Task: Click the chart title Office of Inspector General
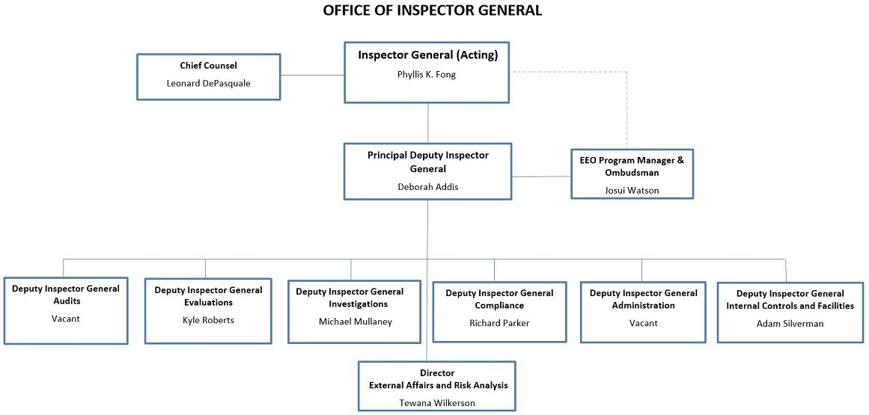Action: pos(432,10)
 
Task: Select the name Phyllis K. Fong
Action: pos(427,75)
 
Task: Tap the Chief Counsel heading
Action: pos(208,66)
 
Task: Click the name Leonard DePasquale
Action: pos(208,83)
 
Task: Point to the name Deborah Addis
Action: pos(427,186)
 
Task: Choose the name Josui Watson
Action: pos(632,190)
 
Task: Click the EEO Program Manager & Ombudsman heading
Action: pos(632,165)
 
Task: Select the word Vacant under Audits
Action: pos(65,319)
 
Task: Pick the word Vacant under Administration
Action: pos(643,322)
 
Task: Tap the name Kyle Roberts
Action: pos(208,320)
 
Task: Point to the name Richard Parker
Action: pos(499,323)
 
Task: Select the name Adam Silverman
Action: pos(790,323)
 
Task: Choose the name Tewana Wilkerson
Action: pos(436,402)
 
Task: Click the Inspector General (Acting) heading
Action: pos(427,55)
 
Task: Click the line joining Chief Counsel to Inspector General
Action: pos(312,75)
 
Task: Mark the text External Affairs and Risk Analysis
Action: pos(438,385)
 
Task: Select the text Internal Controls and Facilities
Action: pos(790,306)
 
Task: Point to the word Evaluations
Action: pos(208,303)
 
